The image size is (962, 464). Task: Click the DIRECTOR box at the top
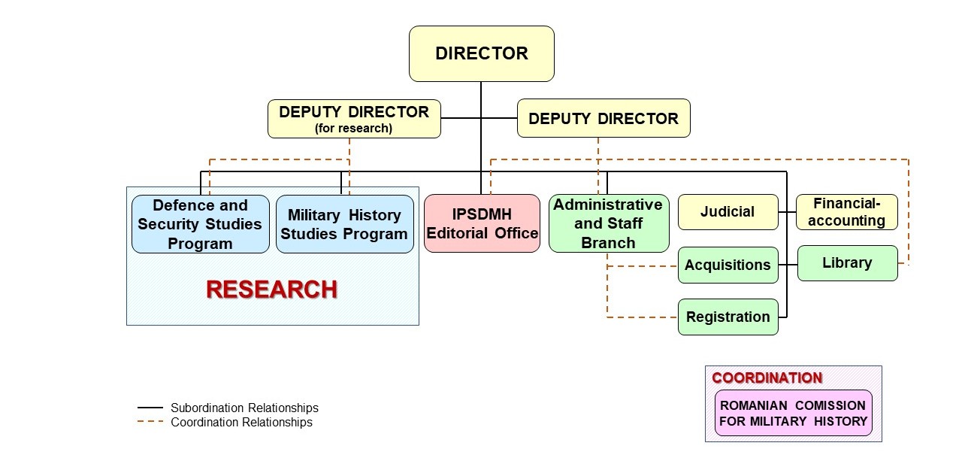pos(481,54)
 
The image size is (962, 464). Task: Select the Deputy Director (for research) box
pos(354,119)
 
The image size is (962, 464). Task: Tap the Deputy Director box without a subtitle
pos(603,119)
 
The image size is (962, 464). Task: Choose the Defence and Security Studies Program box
pos(200,224)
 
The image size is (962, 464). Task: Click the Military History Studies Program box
pos(344,224)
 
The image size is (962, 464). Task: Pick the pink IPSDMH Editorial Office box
pos(482,223)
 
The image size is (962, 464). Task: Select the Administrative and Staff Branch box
pos(608,223)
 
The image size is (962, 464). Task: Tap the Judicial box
pos(727,212)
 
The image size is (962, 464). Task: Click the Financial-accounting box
pos(846,212)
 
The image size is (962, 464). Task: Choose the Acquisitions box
pos(727,265)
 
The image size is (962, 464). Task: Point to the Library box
pos(847,263)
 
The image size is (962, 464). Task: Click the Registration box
pos(727,317)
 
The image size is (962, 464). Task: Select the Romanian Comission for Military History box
pos(793,413)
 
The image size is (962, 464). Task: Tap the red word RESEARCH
pos(271,290)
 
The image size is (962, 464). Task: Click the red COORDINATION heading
pos(767,378)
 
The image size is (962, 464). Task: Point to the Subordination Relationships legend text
pos(244,408)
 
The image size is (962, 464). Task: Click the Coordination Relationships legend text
pos(241,422)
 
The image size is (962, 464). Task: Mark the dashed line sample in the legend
pos(150,422)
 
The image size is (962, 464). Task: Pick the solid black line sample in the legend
pos(150,408)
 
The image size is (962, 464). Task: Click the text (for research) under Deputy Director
pos(353,128)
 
